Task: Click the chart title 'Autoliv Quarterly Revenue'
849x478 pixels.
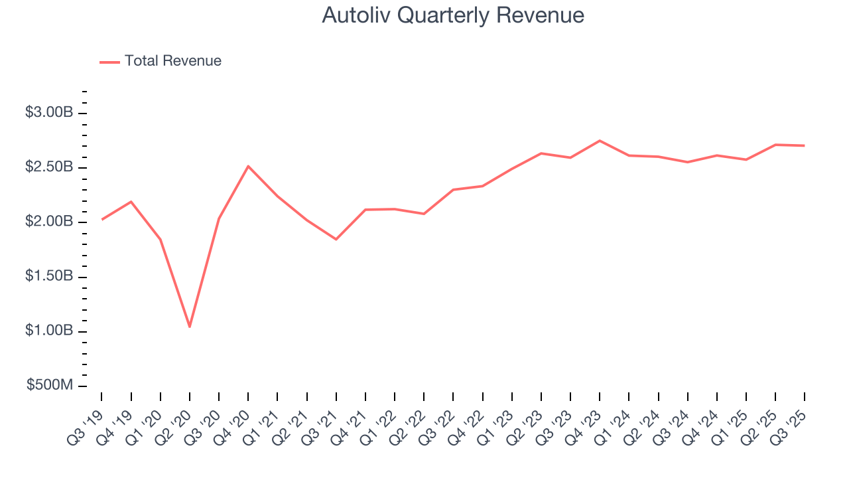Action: click(453, 15)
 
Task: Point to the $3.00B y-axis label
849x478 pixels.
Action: click(49, 113)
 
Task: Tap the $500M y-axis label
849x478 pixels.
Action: click(49, 386)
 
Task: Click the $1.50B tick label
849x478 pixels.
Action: click(49, 277)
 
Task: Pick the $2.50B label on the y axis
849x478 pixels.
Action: click(49, 167)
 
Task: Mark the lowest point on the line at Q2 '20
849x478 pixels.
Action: click(190, 327)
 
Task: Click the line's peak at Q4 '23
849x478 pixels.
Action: click(600, 141)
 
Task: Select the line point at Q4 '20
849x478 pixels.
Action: click(248, 166)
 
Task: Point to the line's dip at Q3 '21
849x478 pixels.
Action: click(336, 239)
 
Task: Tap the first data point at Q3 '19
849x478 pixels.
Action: click(102, 219)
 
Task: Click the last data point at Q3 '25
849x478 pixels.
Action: click(805, 145)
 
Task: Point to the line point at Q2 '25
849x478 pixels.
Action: click(775, 145)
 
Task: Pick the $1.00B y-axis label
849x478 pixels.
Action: click(49, 331)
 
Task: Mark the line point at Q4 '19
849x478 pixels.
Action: click(131, 202)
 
